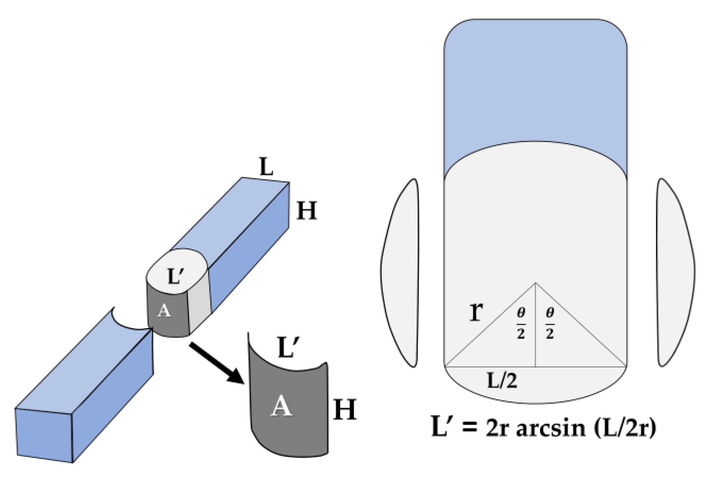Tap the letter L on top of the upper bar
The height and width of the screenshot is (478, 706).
click(266, 167)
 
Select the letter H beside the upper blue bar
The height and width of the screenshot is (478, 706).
click(306, 211)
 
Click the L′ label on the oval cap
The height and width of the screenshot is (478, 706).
click(176, 276)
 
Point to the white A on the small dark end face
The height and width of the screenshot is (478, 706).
click(164, 311)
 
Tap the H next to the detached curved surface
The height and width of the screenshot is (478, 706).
click(345, 410)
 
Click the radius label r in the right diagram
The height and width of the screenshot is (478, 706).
click(476, 311)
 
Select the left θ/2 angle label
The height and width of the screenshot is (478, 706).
click(521, 323)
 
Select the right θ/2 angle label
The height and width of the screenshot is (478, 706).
click(550, 323)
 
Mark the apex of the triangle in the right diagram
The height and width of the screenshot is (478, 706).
click(535, 283)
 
